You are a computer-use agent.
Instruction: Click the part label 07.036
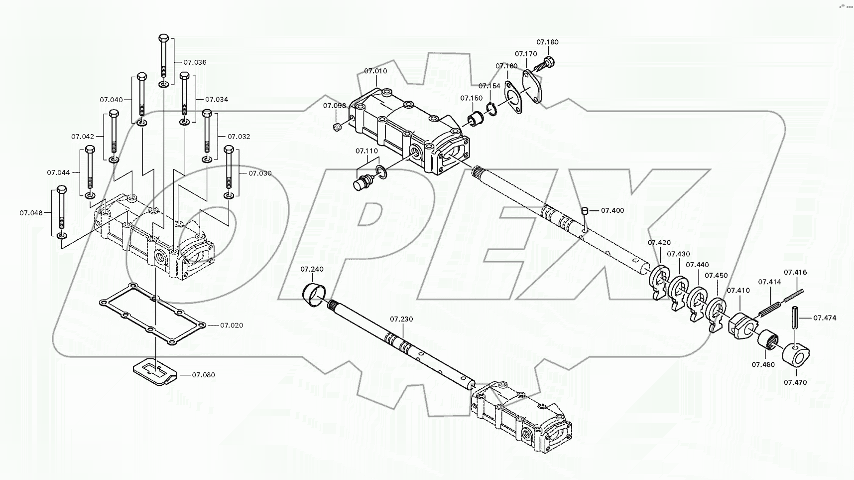pos(195,62)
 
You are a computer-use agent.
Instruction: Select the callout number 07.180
pos(547,42)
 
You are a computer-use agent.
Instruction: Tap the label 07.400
pos(612,210)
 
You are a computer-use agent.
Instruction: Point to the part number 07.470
pos(795,382)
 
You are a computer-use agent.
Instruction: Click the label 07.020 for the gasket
pos(232,325)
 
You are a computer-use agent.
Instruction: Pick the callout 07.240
pos(312,269)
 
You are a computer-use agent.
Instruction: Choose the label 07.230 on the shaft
pos(401,319)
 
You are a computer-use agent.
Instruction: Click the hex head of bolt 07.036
pos(164,38)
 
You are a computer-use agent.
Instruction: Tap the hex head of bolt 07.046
pos(62,190)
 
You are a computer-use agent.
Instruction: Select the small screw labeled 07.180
pos(544,65)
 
